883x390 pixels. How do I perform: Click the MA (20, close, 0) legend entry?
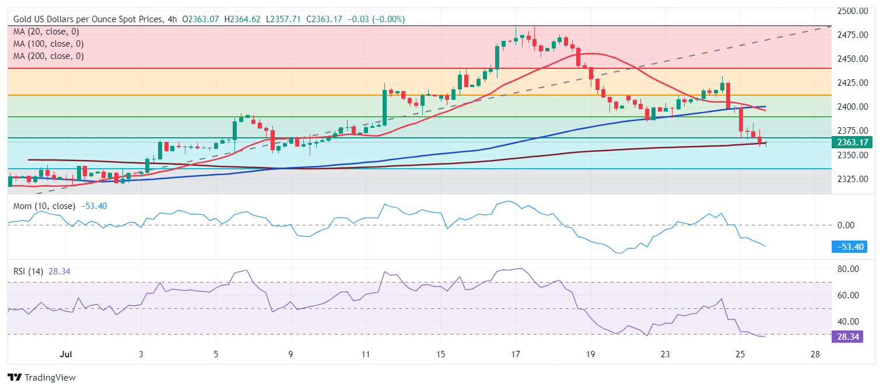pos(46,32)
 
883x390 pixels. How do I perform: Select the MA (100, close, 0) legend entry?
pos(48,44)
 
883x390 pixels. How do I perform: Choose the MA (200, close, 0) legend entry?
pos(48,56)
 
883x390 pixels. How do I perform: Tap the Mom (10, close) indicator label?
pos(44,206)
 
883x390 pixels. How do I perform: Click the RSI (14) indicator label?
pos(30,271)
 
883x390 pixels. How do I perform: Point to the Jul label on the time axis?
pos(66,354)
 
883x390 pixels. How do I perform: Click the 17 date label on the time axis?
pos(516,354)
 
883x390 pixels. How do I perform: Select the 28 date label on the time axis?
pos(815,354)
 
